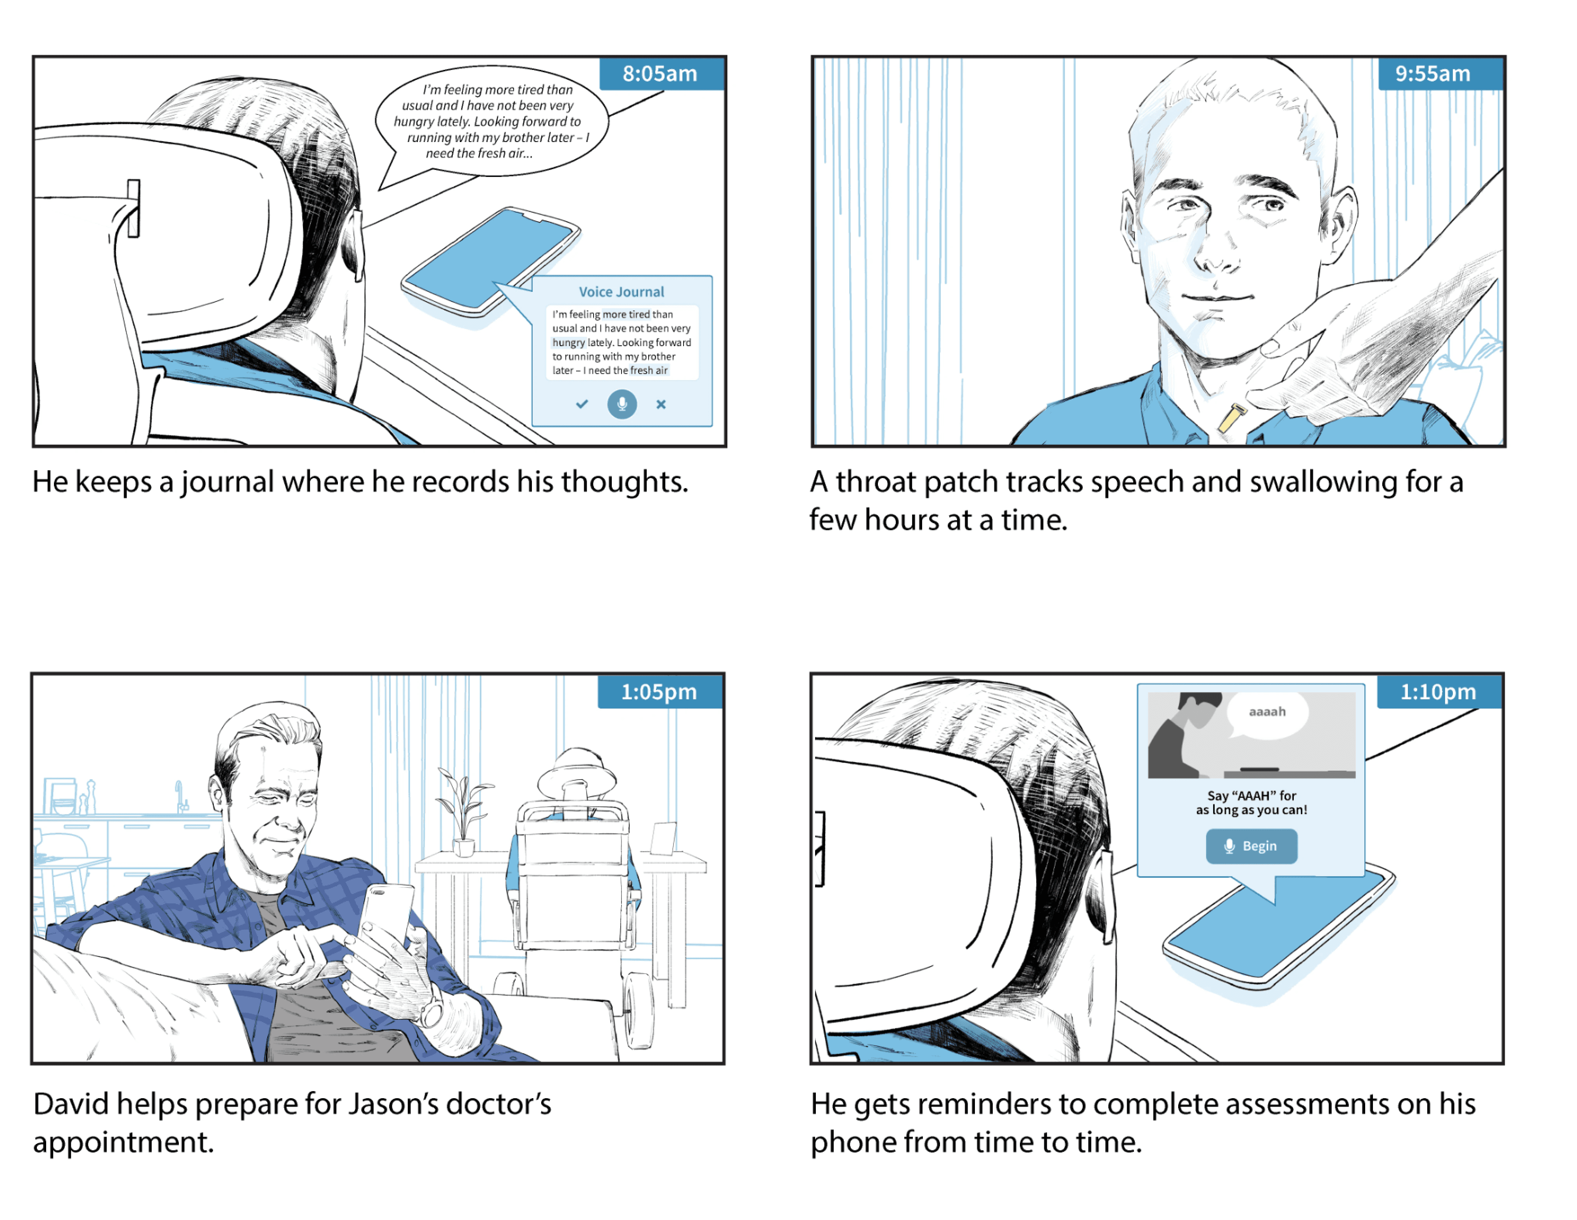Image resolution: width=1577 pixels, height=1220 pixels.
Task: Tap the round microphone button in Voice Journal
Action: coord(622,404)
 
